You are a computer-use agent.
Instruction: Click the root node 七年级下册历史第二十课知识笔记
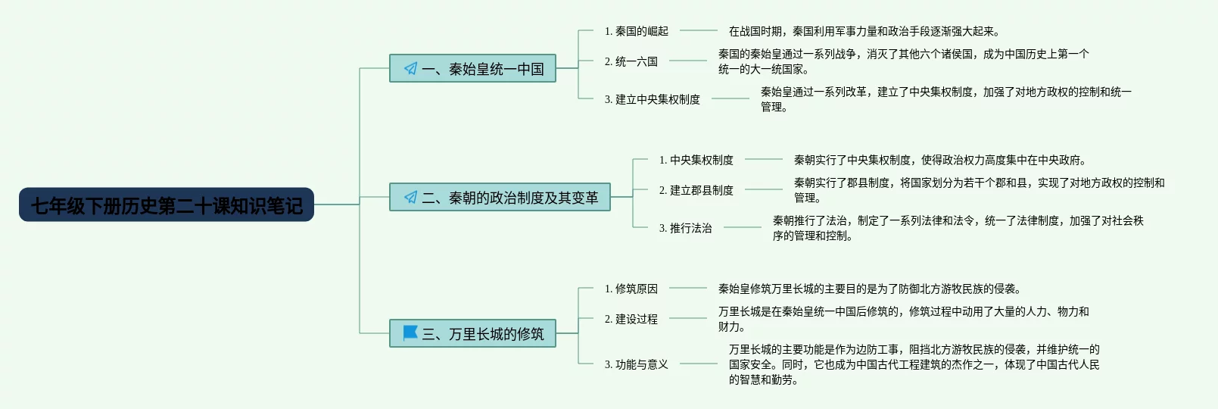[x=167, y=204]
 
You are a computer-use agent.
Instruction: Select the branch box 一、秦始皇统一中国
[x=472, y=69]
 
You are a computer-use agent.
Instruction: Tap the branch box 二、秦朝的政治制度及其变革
[x=500, y=198]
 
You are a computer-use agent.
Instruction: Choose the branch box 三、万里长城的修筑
[x=472, y=334]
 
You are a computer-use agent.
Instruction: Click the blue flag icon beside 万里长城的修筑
[x=410, y=333]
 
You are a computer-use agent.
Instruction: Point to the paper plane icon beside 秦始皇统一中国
[x=410, y=68]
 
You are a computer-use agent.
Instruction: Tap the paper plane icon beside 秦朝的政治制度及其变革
[x=410, y=197]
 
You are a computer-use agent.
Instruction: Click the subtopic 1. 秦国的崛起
[x=636, y=31]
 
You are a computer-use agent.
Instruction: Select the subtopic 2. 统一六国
[x=631, y=61]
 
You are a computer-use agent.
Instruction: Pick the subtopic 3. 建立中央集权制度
[x=652, y=99]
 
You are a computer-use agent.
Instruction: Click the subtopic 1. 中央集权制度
[x=696, y=160]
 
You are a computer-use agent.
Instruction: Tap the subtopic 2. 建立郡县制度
[x=696, y=190]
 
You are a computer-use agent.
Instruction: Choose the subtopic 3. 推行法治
[x=685, y=228]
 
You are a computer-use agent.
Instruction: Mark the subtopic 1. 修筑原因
[x=631, y=289]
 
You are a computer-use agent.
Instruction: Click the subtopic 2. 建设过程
[x=631, y=319]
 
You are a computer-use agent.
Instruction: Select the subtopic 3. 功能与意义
[x=636, y=364]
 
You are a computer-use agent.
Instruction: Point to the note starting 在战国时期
[x=864, y=31]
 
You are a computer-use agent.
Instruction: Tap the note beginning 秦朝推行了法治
[x=958, y=228]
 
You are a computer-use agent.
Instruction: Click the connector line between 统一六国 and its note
[x=687, y=61]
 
